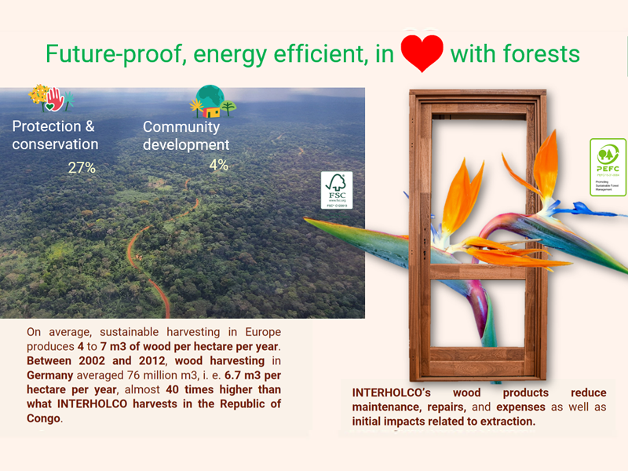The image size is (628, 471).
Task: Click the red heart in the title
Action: [x=422, y=53]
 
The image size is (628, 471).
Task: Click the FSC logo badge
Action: [x=336, y=190]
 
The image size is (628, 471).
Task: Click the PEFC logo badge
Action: [x=608, y=166]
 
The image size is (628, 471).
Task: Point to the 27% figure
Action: [x=82, y=167]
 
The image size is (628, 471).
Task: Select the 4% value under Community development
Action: [x=218, y=165]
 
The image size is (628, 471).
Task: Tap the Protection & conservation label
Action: [x=55, y=135]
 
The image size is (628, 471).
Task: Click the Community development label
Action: [x=186, y=135]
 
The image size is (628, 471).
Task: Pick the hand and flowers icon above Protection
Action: [x=50, y=99]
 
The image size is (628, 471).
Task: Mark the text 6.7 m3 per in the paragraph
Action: [x=246, y=375]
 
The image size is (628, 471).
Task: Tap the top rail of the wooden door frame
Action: [x=477, y=98]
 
